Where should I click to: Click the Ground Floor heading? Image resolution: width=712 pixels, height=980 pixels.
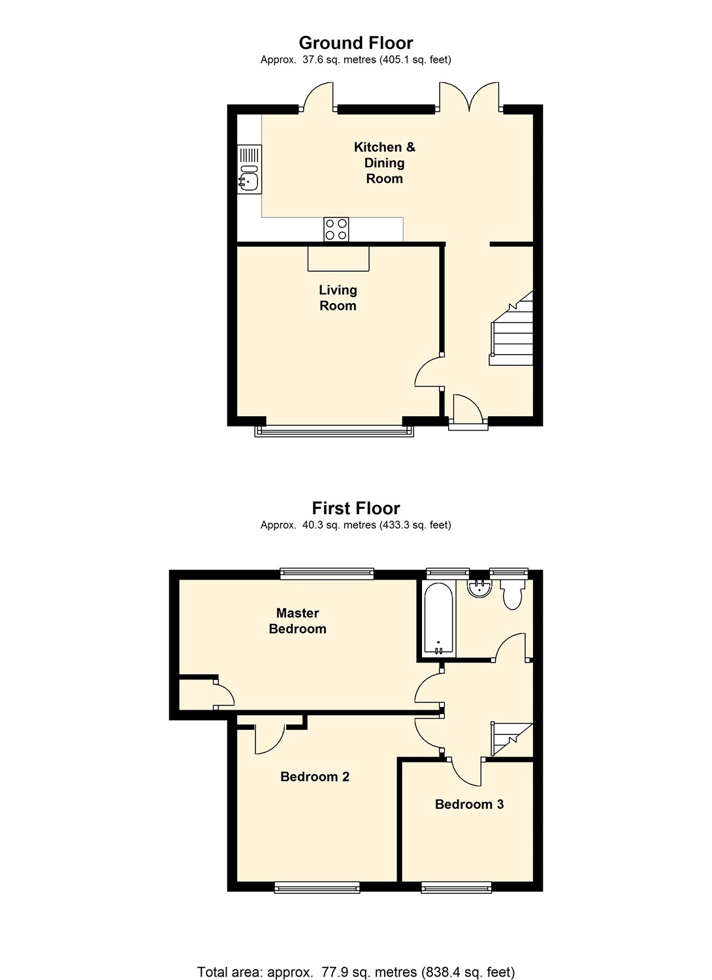tap(355, 43)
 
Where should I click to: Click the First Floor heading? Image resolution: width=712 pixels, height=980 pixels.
tap(355, 508)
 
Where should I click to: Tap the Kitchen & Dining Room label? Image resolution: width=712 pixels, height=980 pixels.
tap(385, 163)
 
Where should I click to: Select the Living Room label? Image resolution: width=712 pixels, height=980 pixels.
tap(338, 297)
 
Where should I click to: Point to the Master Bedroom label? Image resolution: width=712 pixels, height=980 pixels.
tap(297, 621)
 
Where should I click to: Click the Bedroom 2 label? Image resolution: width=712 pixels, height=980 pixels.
tap(315, 777)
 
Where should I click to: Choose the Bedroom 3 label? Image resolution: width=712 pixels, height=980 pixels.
tap(469, 804)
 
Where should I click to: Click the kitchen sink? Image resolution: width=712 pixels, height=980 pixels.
tap(250, 170)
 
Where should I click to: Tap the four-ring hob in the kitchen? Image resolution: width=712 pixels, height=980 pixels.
tap(336, 229)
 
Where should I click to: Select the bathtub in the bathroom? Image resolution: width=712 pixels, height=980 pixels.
tap(439, 619)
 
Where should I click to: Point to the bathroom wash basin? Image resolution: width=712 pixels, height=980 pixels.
tap(480, 589)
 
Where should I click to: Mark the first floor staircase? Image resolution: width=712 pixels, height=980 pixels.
tap(512, 740)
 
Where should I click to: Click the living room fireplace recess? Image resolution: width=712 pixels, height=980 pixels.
tap(338, 259)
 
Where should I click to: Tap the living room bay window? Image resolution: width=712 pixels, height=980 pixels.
tap(334, 431)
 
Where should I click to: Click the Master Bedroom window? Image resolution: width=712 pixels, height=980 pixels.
tap(327, 573)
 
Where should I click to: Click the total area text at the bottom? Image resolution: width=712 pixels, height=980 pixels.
tap(356, 972)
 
